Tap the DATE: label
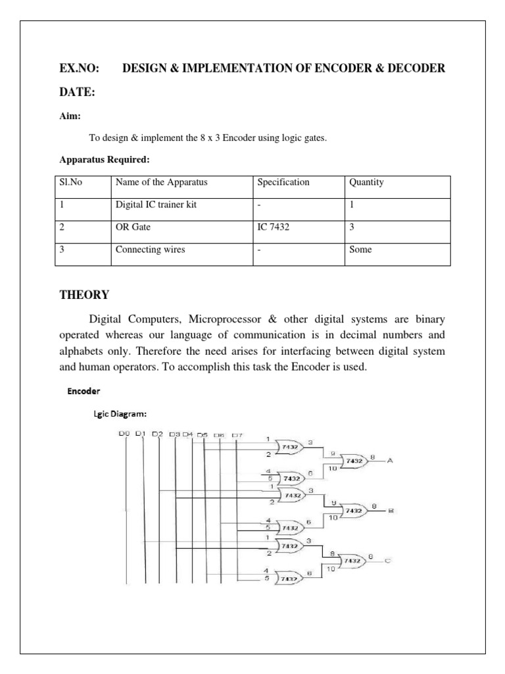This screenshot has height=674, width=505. click(x=78, y=93)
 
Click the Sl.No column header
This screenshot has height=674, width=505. click(x=72, y=182)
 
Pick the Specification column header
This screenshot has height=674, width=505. click(x=283, y=182)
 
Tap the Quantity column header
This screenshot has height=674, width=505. click(x=367, y=182)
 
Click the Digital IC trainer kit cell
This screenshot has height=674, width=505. click(x=156, y=205)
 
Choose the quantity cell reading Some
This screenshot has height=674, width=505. click(x=361, y=249)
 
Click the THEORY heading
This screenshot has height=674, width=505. click(x=84, y=294)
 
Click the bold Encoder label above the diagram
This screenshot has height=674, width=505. click(x=84, y=391)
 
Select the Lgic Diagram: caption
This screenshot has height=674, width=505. click(x=119, y=414)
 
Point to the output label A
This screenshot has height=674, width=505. click(x=389, y=461)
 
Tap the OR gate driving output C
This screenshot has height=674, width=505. click(x=354, y=560)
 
